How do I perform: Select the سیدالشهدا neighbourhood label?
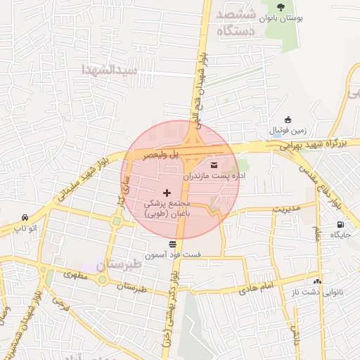click(108, 70)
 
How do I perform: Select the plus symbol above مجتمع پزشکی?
click(167, 192)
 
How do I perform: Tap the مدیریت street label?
click(286, 209)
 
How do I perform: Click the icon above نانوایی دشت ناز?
click(317, 282)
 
